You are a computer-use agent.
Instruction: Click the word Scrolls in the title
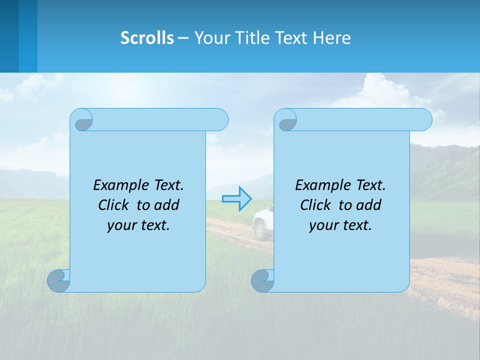[147, 38]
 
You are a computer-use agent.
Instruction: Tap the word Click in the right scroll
[316, 205]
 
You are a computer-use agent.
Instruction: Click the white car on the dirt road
[262, 221]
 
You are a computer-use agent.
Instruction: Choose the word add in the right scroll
[369, 205]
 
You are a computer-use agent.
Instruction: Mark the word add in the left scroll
[167, 205]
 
